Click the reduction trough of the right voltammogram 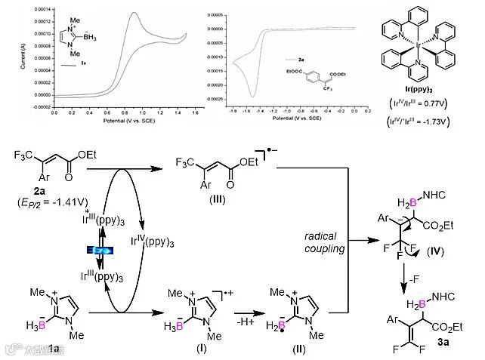click(253, 96)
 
